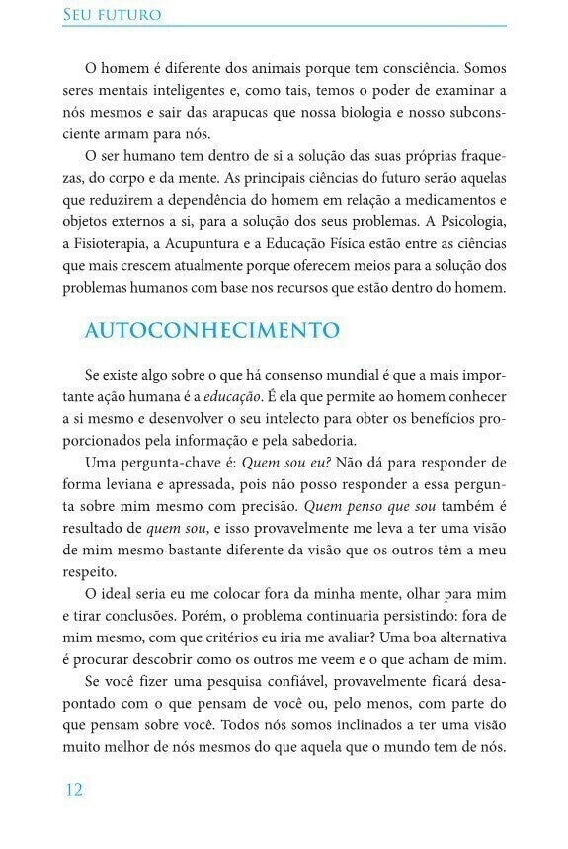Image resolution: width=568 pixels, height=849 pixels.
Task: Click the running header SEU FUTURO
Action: (112, 15)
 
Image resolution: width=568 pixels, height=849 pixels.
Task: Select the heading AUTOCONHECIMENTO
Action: (212, 329)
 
